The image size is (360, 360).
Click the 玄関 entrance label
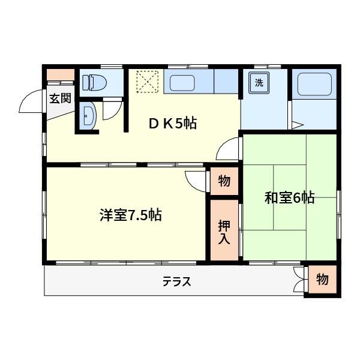click(60, 98)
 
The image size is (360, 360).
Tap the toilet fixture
click(94, 82)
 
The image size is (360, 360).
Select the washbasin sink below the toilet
click(88, 116)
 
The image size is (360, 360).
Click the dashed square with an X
click(148, 82)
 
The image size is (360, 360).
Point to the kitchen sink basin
click(182, 83)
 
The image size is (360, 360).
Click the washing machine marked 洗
click(259, 83)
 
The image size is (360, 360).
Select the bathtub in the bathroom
click(314, 84)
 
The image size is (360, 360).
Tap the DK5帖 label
click(173, 123)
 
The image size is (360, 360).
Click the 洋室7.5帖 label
click(131, 215)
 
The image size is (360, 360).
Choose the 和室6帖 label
click(290, 197)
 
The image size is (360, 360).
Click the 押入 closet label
click(224, 232)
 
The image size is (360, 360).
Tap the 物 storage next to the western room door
click(224, 181)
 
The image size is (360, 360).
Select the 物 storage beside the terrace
click(322, 280)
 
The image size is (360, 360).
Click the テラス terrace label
click(177, 281)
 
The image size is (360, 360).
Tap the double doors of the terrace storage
click(299, 280)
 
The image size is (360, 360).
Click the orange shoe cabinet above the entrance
click(61, 74)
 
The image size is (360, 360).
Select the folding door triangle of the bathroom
click(298, 125)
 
